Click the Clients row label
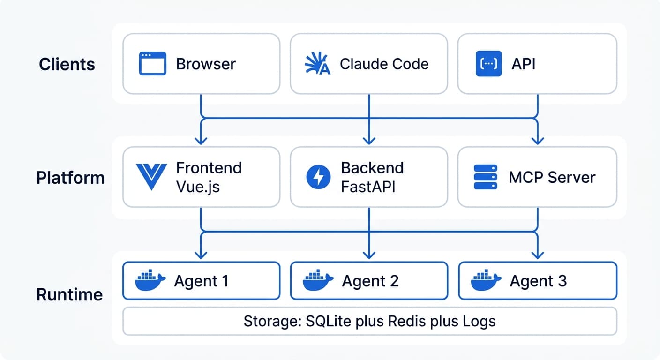point(67,64)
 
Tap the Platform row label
point(70,178)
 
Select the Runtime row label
point(69,294)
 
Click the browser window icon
point(152,64)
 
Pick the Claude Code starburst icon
point(317,64)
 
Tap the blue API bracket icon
point(488,64)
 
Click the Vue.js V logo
point(151,177)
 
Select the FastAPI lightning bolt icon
point(318,177)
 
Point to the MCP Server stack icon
point(485,177)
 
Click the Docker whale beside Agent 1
point(150,281)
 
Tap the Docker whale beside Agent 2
point(318,281)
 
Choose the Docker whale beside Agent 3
point(486,281)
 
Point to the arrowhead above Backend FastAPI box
point(369,140)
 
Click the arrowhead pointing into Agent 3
point(538,255)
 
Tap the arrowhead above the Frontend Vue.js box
point(201,140)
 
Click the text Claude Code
point(384,64)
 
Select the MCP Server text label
point(552,177)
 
